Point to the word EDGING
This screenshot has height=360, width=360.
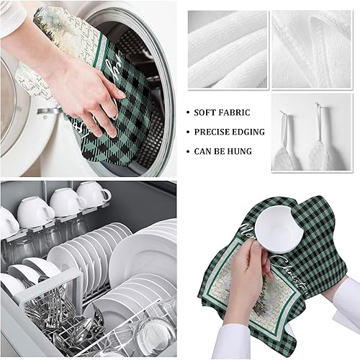[249, 132]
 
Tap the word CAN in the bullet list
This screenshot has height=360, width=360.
[202, 151]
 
